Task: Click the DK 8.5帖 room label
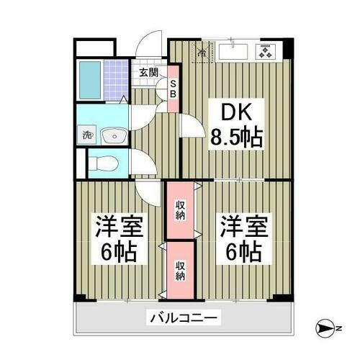click(235, 124)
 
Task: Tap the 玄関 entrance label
click(148, 72)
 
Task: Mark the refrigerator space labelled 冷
click(202, 52)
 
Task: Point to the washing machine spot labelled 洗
click(86, 135)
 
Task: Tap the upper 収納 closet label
click(180, 210)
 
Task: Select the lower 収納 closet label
click(180, 269)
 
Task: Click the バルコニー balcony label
click(184, 317)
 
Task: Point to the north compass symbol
click(323, 328)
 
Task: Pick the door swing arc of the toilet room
click(144, 163)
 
